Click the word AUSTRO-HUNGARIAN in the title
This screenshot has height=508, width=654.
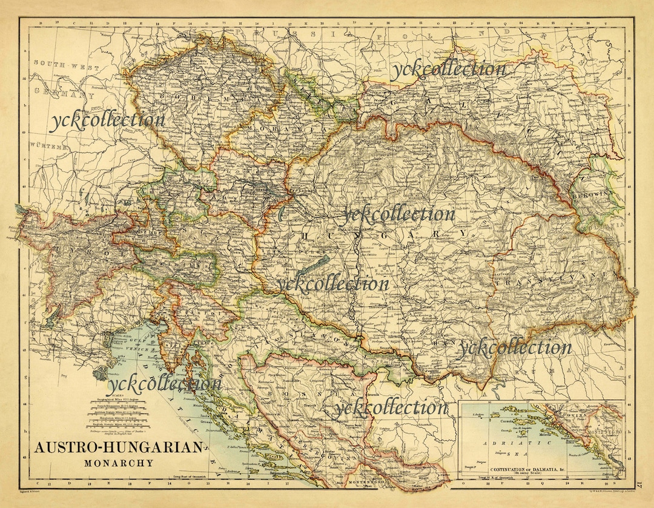[x=118, y=448]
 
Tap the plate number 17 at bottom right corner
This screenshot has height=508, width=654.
[x=641, y=484]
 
